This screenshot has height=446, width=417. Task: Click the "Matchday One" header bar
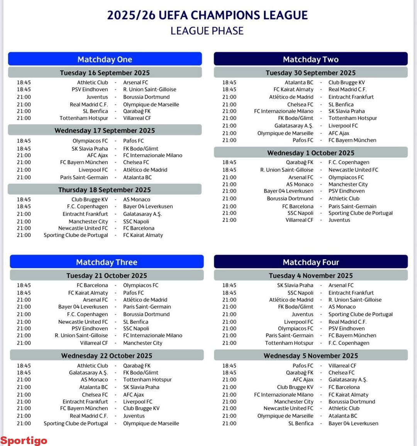[105, 59]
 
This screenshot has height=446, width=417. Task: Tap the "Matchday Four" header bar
[311, 262]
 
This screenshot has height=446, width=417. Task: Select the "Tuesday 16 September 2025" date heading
[105, 73]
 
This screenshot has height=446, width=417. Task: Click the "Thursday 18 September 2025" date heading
[105, 190]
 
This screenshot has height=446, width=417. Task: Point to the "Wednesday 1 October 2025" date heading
[311, 153]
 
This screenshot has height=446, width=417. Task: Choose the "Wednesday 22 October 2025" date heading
[107, 355]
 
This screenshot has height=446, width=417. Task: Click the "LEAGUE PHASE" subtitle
[207, 31]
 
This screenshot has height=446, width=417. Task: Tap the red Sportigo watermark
[24, 440]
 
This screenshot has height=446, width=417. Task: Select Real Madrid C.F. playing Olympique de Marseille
[89, 104]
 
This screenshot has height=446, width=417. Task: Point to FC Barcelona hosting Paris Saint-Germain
[298, 206]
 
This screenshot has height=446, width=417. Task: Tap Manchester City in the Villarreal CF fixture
[142, 343]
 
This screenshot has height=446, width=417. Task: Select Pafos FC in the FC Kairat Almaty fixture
[133, 293]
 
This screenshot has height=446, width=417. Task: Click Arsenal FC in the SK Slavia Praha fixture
[341, 285]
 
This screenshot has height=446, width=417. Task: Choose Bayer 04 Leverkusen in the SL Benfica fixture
[353, 423]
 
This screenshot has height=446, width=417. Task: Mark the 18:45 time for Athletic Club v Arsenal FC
[24, 82]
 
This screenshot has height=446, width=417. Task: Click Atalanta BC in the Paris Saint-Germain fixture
[137, 177]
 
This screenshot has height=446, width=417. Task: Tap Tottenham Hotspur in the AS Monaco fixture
[147, 379]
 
